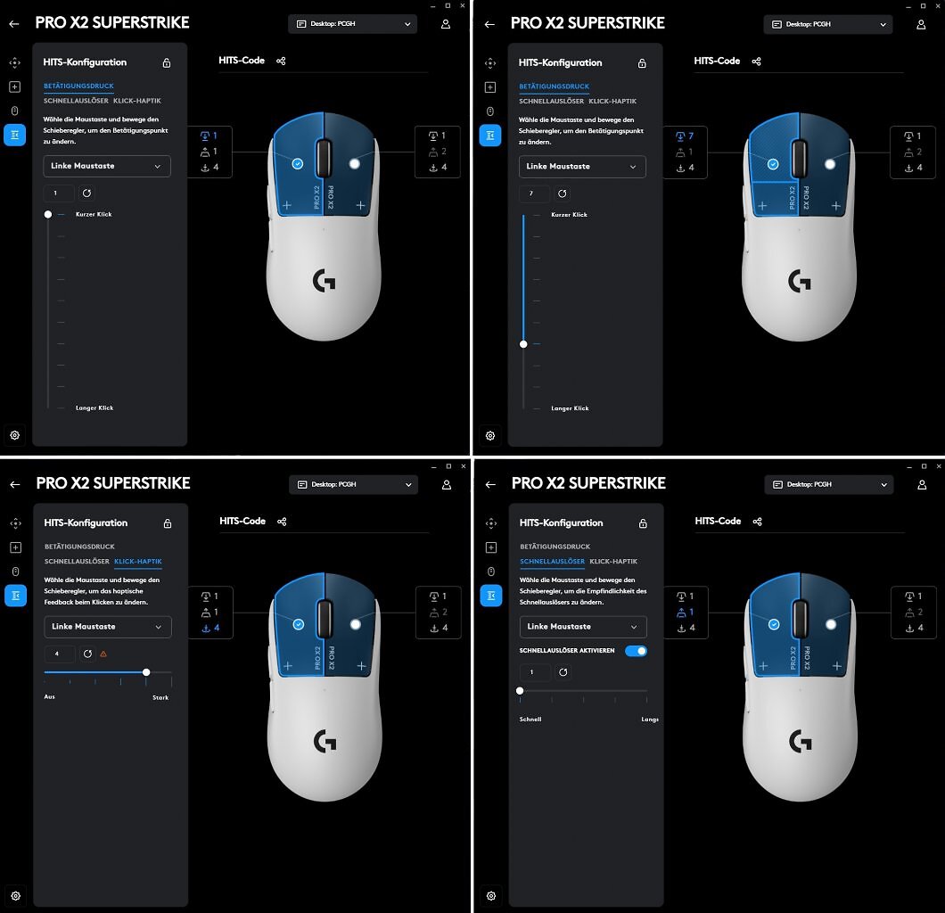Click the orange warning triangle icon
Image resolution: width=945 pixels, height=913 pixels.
(x=103, y=654)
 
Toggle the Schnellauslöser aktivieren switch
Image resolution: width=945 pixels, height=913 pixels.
(x=636, y=651)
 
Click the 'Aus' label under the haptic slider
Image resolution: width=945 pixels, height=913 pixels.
(x=49, y=696)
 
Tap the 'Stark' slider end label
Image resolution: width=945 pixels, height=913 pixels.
(x=160, y=697)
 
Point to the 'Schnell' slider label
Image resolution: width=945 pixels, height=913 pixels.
(x=530, y=719)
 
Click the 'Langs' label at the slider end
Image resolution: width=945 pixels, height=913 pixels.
(x=650, y=719)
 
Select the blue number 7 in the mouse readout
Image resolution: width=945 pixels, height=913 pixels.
(x=691, y=136)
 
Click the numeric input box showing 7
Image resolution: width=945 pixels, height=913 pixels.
(x=535, y=193)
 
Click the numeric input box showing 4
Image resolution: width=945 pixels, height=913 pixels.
(x=60, y=654)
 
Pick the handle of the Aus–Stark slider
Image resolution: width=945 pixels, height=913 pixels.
(x=146, y=672)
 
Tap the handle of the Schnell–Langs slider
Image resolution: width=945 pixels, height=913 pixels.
(x=520, y=691)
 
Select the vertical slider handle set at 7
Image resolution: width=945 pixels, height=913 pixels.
(x=523, y=344)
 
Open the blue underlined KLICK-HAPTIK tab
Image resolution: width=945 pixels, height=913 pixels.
(x=138, y=561)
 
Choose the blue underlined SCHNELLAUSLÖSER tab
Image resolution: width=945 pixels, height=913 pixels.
(x=552, y=561)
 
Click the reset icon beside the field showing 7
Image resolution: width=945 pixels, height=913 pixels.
(x=563, y=193)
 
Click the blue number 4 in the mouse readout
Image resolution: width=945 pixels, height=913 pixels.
(x=217, y=628)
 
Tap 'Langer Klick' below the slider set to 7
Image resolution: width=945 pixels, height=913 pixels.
(x=571, y=408)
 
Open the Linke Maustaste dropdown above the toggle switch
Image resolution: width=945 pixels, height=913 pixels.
(x=583, y=627)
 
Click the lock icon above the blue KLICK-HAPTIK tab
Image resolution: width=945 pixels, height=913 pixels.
(x=168, y=523)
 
